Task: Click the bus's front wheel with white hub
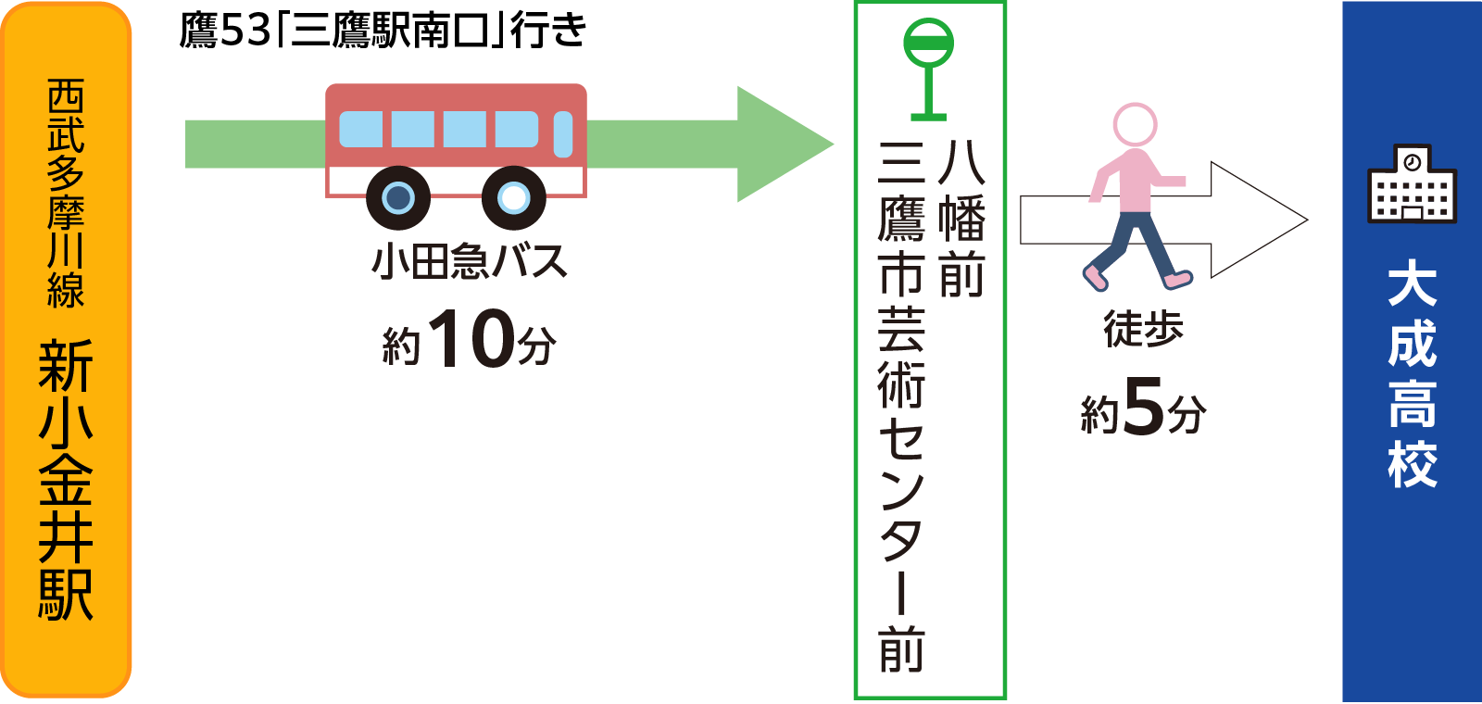coord(514,197)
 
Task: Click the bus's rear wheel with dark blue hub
coord(398,197)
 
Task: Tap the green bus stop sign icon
coord(928,69)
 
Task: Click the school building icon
coord(1412,184)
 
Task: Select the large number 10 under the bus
coord(471,339)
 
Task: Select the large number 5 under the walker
coord(1143,406)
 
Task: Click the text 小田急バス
coord(470,262)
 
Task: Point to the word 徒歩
coord(1143,329)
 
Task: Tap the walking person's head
coord(1135,123)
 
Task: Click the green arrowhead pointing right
coord(783,144)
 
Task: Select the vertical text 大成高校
coord(1412,375)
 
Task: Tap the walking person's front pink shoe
coord(1178,278)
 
